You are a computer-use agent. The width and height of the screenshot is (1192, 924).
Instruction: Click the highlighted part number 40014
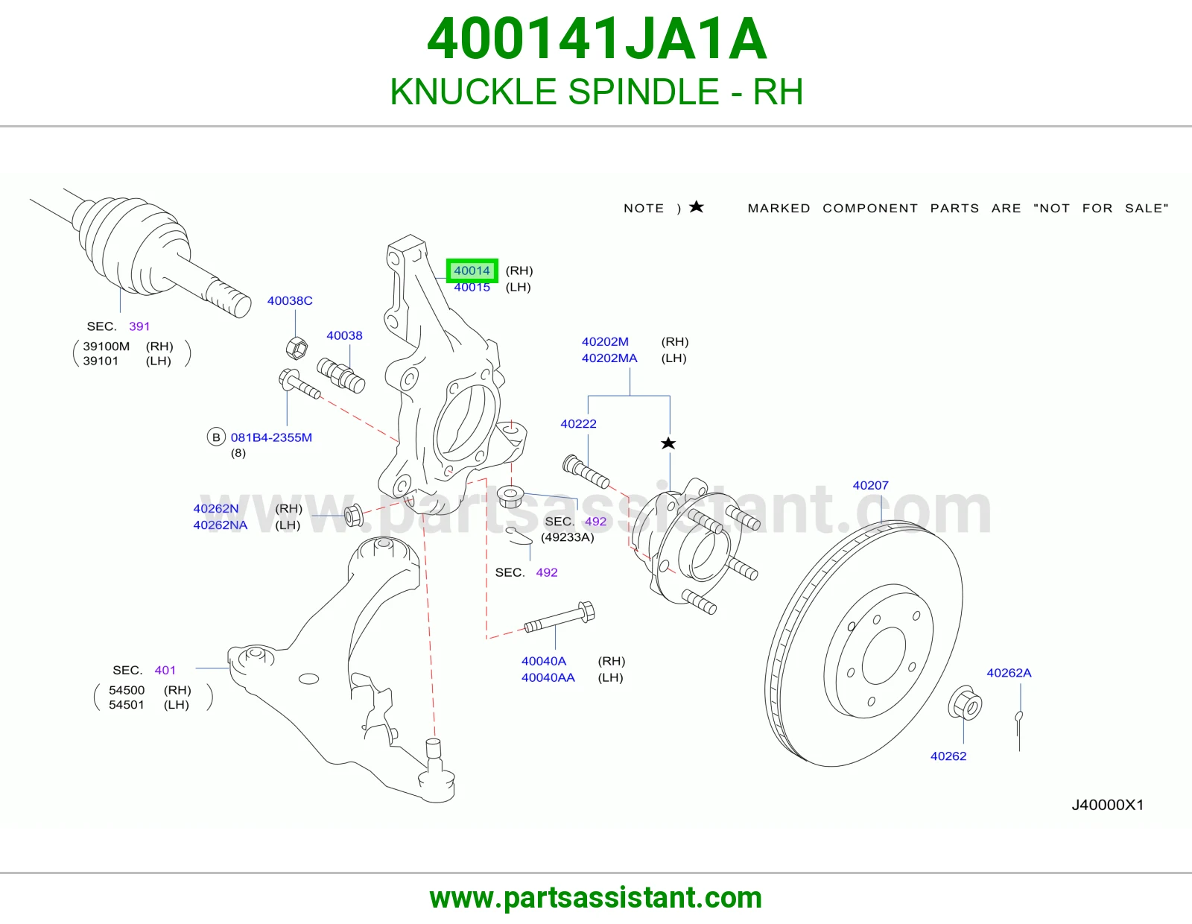click(x=472, y=270)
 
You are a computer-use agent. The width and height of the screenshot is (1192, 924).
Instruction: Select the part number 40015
click(x=472, y=287)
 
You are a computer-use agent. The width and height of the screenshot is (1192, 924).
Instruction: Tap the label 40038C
click(x=290, y=301)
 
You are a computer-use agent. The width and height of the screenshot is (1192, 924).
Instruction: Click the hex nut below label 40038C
click(x=297, y=347)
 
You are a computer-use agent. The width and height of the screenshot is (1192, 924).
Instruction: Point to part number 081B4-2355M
click(x=271, y=437)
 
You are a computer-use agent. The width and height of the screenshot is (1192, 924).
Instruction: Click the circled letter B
click(x=216, y=437)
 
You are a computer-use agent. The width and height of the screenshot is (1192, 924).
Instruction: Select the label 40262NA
click(x=220, y=525)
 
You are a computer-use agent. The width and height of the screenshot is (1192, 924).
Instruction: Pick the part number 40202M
click(x=605, y=341)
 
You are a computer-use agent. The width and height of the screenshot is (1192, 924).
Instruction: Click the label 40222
click(x=578, y=423)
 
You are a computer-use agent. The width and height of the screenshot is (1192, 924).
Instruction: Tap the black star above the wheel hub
click(x=668, y=443)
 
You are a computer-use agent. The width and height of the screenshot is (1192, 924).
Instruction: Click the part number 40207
click(x=871, y=485)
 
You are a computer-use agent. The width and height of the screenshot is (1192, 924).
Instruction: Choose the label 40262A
click(x=1009, y=673)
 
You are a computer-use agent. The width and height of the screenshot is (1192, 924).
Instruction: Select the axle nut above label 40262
click(x=965, y=703)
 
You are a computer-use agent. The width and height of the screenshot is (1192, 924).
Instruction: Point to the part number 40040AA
click(x=548, y=677)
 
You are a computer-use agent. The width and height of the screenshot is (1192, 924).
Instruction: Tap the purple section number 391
click(x=139, y=326)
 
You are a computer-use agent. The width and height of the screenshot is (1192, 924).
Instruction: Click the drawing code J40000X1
click(x=1108, y=805)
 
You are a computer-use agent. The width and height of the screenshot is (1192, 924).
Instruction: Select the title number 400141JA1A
click(x=597, y=39)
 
